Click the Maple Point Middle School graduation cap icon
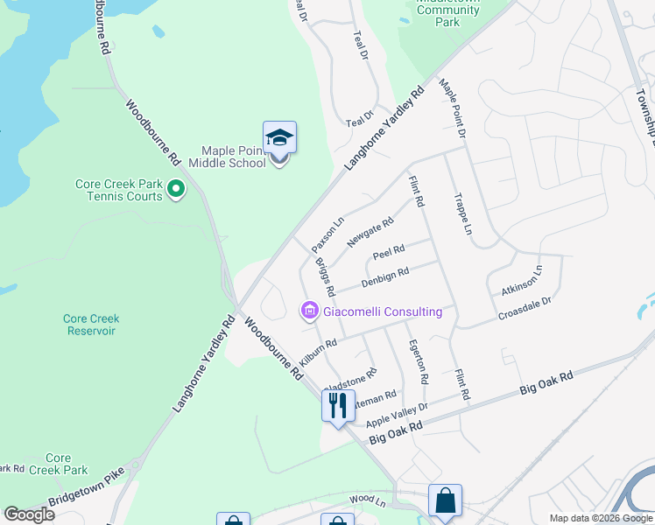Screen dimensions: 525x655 pyautogui.click(x=279, y=137)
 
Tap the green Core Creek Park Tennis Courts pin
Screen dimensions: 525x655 pyautogui.click(x=176, y=188)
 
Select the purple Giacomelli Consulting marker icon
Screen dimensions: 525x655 pyautogui.click(x=309, y=311)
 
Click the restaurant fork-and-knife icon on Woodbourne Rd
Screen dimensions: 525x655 pyautogui.click(x=335, y=404)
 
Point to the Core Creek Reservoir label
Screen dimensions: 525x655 pyautogui.click(x=91, y=325)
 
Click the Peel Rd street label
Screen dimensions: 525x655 pyautogui.click(x=388, y=252)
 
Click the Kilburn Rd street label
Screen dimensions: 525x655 pyautogui.click(x=318, y=353)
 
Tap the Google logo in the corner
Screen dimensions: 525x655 pyautogui.click(x=29, y=514)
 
